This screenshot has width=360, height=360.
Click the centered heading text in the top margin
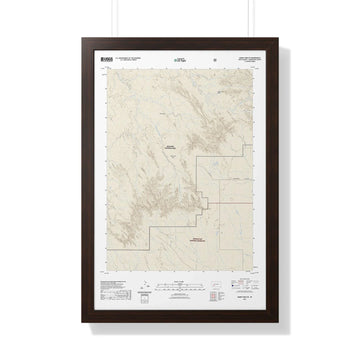pos(180,61)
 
